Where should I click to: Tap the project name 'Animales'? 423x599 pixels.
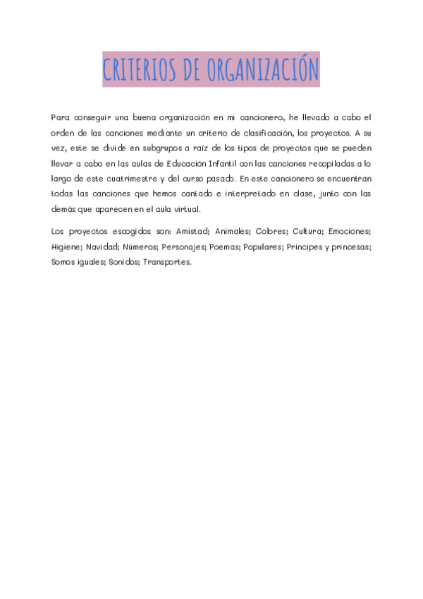[233, 232]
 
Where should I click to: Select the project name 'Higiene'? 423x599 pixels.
[66, 247]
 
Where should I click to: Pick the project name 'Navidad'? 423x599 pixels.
[102, 247]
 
